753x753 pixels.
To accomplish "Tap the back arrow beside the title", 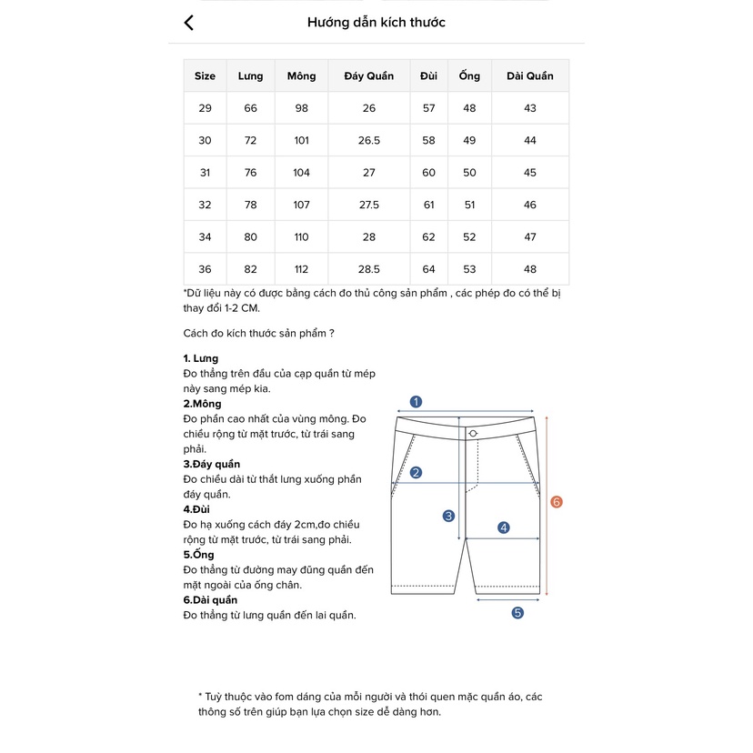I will pos(189,23).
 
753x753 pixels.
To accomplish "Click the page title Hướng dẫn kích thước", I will pos(376,23).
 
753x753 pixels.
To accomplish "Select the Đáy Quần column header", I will pos(368,76).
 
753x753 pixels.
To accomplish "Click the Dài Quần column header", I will pos(530,76).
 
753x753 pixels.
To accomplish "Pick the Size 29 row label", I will pos(205,108).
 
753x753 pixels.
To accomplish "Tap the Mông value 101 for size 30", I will pos(302,141).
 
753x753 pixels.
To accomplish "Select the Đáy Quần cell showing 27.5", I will pos(368,206).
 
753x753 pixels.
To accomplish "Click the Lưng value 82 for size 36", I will pos(250,269).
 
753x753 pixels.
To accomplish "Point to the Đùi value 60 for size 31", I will pos(428,173).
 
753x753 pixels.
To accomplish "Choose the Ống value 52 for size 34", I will pos(469,237).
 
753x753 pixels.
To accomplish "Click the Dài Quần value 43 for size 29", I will pos(530,108).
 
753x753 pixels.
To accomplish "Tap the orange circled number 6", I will pos(557,502).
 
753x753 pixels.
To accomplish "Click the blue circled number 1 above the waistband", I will pos(416,401).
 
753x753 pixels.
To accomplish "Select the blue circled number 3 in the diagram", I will pos(448,516).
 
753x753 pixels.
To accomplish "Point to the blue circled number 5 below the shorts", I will pos(517,613).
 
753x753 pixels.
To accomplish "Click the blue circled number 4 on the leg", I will pos(504,527).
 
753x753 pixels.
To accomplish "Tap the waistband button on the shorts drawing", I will pos(473,433).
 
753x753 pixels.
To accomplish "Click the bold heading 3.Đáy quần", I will pos(212,464).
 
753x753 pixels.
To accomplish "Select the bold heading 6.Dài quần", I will pos(210,599).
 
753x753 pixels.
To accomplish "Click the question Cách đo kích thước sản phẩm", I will pos(258,333).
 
